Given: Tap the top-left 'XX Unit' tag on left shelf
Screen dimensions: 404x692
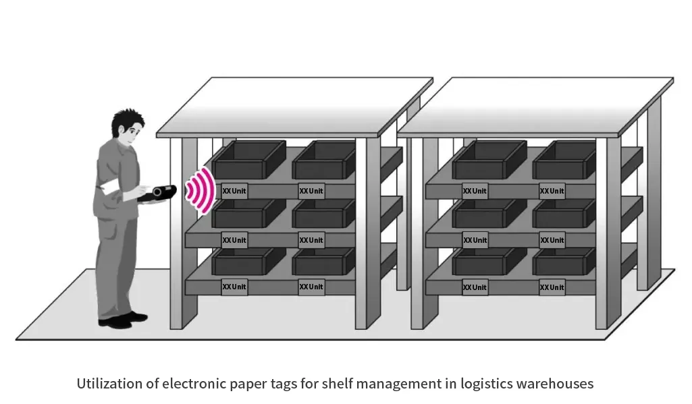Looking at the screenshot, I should point(234,191).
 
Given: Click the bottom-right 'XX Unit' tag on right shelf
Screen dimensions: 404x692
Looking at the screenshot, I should point(552,288).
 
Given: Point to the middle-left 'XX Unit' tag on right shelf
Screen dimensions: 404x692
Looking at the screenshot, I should point(475,240).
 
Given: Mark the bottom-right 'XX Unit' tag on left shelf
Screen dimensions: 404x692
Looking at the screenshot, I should point(311,287).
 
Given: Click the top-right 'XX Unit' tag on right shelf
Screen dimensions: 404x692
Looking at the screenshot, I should point(552,191).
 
